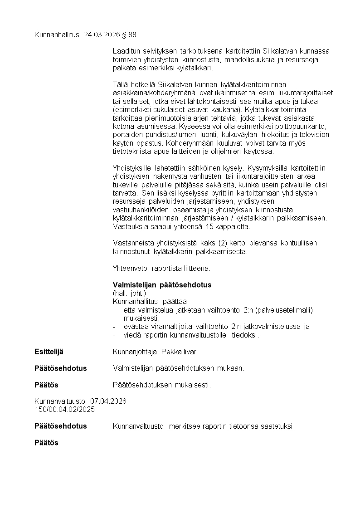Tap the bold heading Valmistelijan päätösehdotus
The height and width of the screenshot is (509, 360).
click(162, 285)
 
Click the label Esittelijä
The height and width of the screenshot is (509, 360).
click(49, 352)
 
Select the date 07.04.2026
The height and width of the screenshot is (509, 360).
click(108, 401)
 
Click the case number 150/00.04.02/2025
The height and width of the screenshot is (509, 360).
click(65, 409)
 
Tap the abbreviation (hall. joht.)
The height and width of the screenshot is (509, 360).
click(129, 293)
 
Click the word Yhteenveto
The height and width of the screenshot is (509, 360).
click(130, 268)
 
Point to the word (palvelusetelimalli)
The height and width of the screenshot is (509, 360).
click(284, 310)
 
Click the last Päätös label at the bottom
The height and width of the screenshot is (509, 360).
click(46, 442)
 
